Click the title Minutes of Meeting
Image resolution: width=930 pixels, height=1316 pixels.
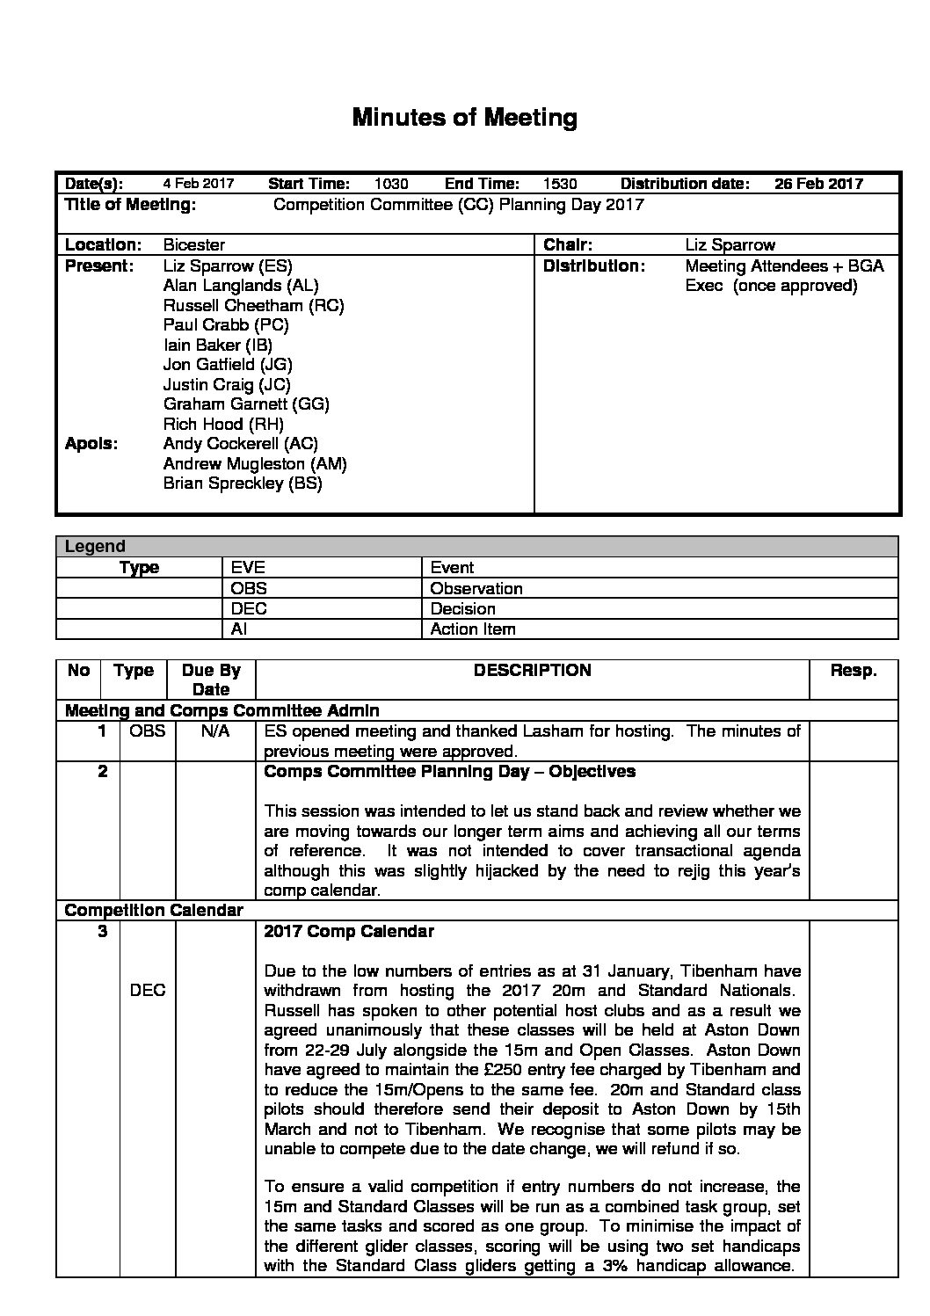point(464,118)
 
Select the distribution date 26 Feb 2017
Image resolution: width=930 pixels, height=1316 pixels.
point(818,184)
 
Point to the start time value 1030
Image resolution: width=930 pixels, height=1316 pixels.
point(391,184)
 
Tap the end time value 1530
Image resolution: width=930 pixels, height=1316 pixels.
point(560,184)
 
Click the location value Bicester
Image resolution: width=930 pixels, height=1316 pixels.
point(194,245)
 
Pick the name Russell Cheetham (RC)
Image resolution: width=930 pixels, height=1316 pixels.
point(253,305)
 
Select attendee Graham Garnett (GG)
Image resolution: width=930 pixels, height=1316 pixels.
point(246,404)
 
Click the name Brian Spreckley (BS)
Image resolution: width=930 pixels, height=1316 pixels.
point(243,484)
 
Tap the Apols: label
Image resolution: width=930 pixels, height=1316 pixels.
point(91,444)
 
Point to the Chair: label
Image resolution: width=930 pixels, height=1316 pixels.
point(568,245)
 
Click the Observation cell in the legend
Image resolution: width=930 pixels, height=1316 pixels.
point(476,588)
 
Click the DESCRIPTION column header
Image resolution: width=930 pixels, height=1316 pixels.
point(532,671)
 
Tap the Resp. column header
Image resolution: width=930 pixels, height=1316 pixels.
point(853,671)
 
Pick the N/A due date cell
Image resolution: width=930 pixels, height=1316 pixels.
point(215,731)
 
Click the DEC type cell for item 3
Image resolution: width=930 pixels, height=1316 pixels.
point(148,991)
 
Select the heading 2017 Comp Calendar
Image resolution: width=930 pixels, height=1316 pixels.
point(349,931)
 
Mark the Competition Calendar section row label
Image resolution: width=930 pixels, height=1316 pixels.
point(154,911)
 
